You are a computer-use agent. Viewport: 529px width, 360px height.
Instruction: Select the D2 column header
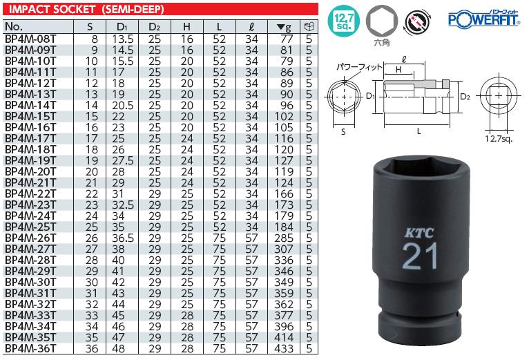154,26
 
